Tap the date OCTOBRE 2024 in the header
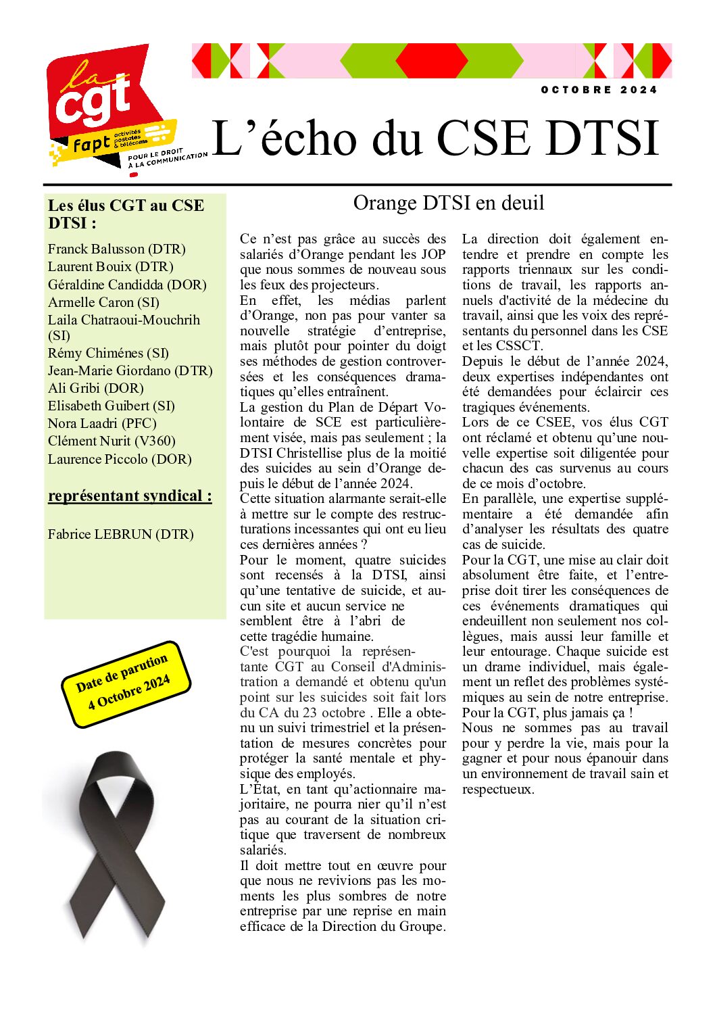pyautogui.click(x=598, y=90)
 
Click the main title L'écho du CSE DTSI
pyautogui.click(x=435, y=139)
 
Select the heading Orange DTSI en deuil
pyautogui.click(x=448, y=203)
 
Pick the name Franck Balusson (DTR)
pyautogui.click(x=116, y=249)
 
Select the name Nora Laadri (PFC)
pyautogui.click(x=102, y=424)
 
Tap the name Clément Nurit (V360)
pyautogui.click(x=112, y=441)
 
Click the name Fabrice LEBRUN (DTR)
pyautogui.click(x=120, y=535)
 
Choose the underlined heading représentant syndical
pyautogui.click(x=130, y=496)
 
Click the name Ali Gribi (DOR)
pyautogui.click(x=95, y=389)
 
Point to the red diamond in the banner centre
pyautogui.click(x=431, y=61)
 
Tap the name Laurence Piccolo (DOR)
pyautogui.click(x=120, y=460)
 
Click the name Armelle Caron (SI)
pyautogui.click(x=103, y=302)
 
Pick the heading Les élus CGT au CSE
pyautogui.click(x=126, y=206)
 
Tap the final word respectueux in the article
pyautogui.click(x=497, y=790)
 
